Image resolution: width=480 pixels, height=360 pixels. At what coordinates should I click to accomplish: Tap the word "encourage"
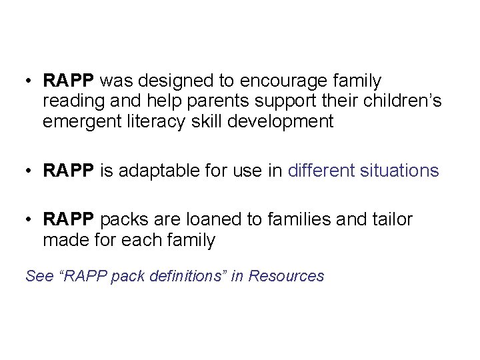[272, 81]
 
